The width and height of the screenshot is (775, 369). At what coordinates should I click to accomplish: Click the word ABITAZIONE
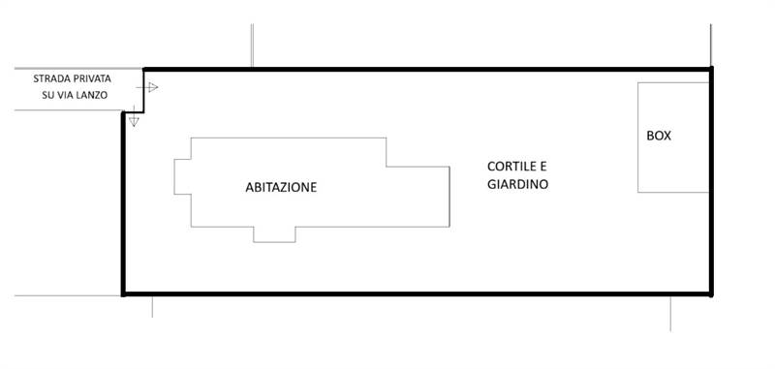click(x=281, y=187)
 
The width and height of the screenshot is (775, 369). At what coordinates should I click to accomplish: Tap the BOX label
click(x=659, y=137)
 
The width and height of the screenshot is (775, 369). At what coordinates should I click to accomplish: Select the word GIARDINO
click(x=518, y=183)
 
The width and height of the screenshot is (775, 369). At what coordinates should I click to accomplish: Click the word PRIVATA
click(x=96, y=78)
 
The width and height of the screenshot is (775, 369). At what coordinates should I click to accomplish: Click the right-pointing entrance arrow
click(x=150, y=87)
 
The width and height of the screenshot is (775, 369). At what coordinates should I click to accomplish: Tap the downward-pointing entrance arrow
click(x=134, y=121)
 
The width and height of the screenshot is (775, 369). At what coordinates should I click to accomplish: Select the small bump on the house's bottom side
click(x=274, y=234)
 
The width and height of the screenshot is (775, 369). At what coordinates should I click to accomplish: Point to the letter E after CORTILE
click(x=543, y=166)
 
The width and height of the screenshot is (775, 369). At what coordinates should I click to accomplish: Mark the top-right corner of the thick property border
click(x=710, y=69)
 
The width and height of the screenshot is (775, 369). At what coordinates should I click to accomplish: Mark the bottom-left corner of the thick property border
click(x=123, y=293)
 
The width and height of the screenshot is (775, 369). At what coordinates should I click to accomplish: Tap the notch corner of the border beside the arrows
click(x=143, y=111)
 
